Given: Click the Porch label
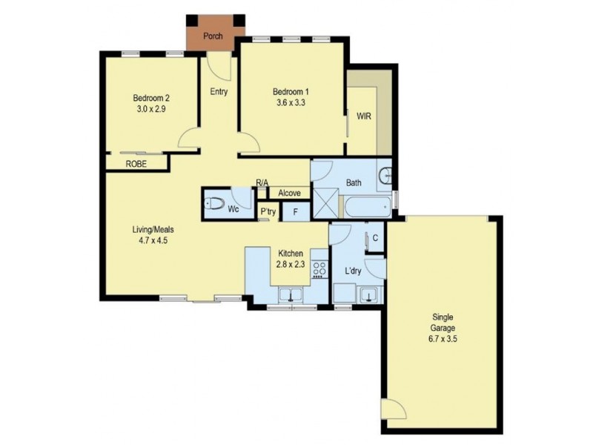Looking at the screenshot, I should click(213, 35).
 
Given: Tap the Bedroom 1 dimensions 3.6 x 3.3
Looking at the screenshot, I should click(290, 105).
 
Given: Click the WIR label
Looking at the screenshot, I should click(364, 116).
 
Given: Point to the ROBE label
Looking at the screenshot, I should click(135, 163).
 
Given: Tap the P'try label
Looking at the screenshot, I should click(268, 212).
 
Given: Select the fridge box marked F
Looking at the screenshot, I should click(296, 212).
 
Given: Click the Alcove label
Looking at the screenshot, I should click(289, 194).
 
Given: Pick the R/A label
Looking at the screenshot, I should click(261, 182).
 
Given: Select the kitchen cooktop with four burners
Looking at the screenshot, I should click(320, 268).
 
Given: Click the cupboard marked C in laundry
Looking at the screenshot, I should click(375, 238).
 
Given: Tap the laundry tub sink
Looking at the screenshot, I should click(367, 296).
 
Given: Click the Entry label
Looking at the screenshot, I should click(219, 92).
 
